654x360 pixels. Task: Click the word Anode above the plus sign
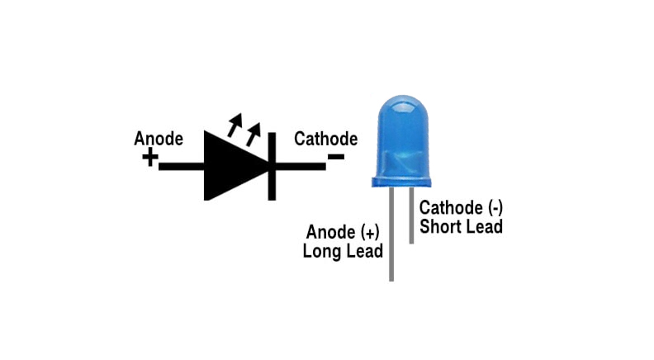159,139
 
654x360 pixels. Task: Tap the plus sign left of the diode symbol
149,158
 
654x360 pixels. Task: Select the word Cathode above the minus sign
325,139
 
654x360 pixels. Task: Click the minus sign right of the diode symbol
336,157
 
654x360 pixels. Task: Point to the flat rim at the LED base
401,180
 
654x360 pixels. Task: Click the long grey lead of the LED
391,239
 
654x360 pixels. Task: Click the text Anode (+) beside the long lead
344,231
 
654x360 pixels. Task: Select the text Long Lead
343,250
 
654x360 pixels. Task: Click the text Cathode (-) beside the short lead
461,207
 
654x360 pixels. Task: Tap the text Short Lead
461,226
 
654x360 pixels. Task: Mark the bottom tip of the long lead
391,279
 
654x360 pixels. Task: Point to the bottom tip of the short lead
410,241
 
